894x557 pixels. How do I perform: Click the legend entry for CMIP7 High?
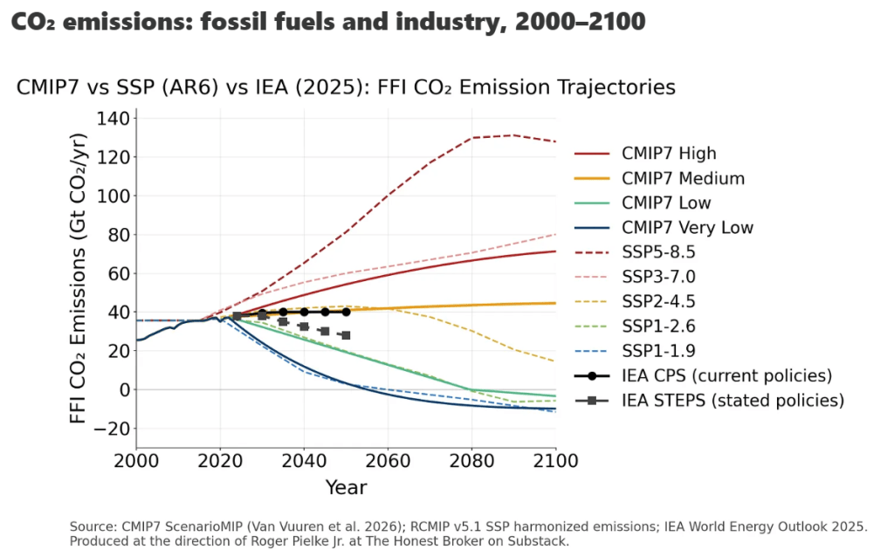click(669, 154)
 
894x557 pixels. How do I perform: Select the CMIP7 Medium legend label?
click(683, 179)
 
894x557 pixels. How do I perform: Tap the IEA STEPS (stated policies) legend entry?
click(732, 401)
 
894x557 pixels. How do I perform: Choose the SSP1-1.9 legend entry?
click(660, 352)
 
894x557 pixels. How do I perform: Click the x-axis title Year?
click(346, 487)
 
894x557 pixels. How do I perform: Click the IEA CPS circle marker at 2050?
click(346, 312)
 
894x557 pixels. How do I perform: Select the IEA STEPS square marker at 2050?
click(346, 335)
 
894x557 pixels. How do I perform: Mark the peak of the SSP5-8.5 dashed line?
click(513, 135)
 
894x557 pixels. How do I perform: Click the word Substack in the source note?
click(540, 542)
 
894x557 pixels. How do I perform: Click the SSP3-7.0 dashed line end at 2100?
click(555, 234)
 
